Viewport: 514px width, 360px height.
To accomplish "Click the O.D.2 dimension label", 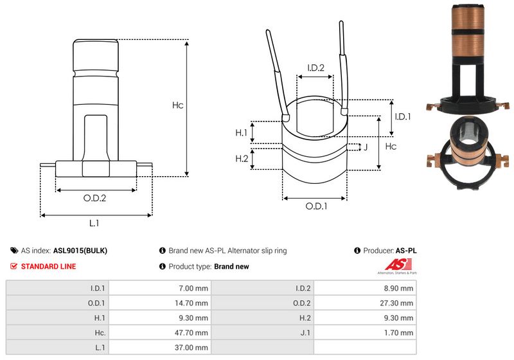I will pos(94,198).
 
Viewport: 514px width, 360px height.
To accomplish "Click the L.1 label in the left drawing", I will pos(94,223).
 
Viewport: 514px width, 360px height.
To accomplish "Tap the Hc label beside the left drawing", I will pos(178,105).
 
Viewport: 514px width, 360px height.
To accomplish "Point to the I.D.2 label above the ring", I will pos(315,67).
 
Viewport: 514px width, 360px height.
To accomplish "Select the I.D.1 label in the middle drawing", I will pos(402,116).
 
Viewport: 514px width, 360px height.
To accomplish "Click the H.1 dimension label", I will pos(242,132).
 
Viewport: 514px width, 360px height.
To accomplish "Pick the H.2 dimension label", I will pos(242,159).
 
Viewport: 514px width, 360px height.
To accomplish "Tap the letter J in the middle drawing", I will pos(365,147).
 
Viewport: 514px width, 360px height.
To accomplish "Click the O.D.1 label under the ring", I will pos(316,206).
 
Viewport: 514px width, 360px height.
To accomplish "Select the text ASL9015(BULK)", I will pos(80,251).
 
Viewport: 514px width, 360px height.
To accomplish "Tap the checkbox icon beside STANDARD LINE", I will pos(14,266).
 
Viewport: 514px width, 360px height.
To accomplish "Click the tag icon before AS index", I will pos(14,251).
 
